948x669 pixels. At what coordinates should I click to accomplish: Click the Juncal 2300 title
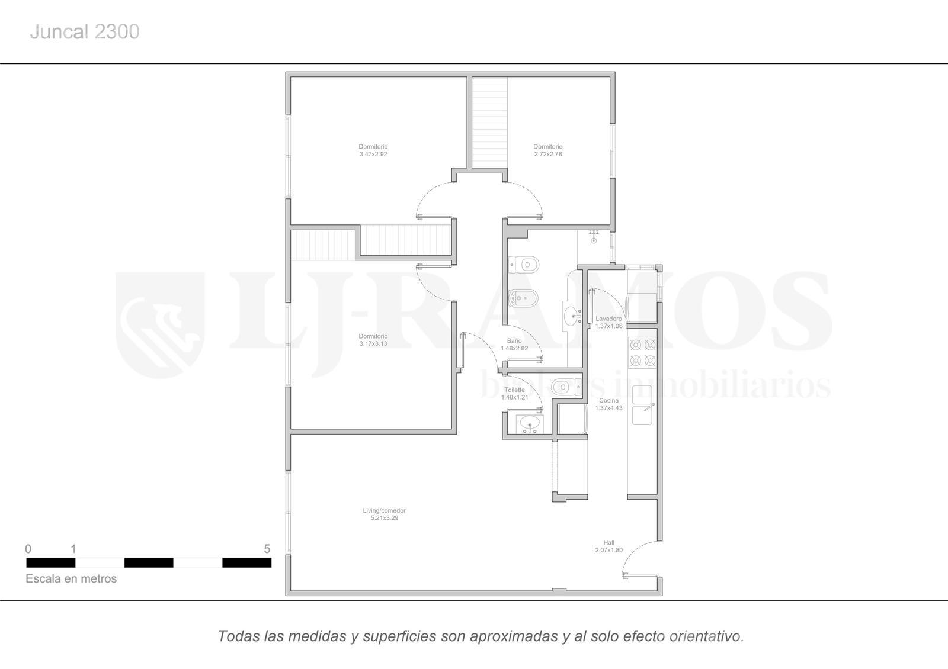pyautogui.click(x=85, y=32)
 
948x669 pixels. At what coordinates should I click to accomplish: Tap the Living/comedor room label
pyautogui.click(x=385, y=514)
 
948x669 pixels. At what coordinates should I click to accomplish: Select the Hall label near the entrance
pyautogui.click(x=608, y=546)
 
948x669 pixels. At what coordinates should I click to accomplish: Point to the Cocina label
pyautogui.click(x=608, y=404)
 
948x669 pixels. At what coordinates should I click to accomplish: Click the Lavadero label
pyautogui.click(x=608, y=322)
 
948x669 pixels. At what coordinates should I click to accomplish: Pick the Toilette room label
pyautogui.click(x=515, y=394)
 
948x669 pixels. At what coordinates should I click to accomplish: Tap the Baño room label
pyautogui.click(x=514, y=345)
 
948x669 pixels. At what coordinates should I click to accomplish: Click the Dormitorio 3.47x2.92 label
pyautogui.click(x=373, y=150)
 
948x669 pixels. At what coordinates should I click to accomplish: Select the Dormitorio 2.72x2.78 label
pyautogui.click(x=547, y=150)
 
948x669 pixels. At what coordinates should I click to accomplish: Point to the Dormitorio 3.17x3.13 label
pyautogui.click(x=373, y=340)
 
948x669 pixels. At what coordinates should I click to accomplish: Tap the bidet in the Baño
pyautogui.click(x=523, y=299)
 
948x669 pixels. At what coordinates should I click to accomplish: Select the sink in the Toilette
pyautogui.click(x=530, y=423)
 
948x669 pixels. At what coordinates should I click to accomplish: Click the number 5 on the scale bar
pyautogui.click(x=267, y=549)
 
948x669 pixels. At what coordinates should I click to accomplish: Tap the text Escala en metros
pyautogui.click(x=71, y=578)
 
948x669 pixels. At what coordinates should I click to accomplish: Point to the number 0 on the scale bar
pyautogui.click(x=28, y=549)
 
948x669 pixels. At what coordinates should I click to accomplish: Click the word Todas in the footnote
pyautogui.click(x=238, y=636)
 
